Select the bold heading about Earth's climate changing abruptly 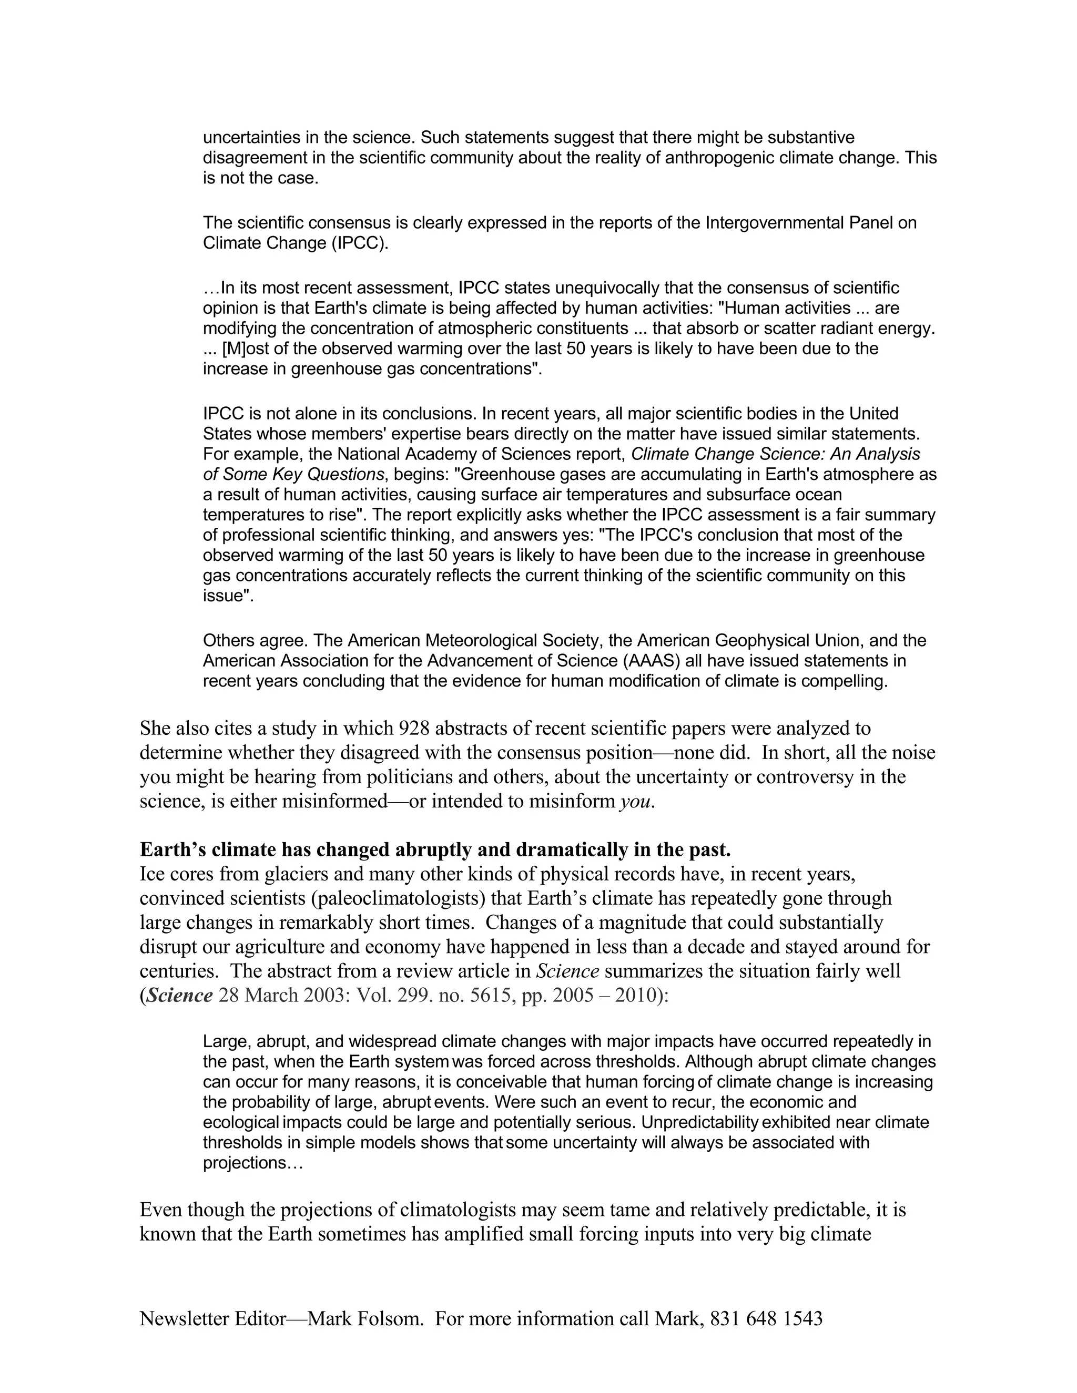click(435, 849)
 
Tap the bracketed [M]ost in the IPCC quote click(246, 349)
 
